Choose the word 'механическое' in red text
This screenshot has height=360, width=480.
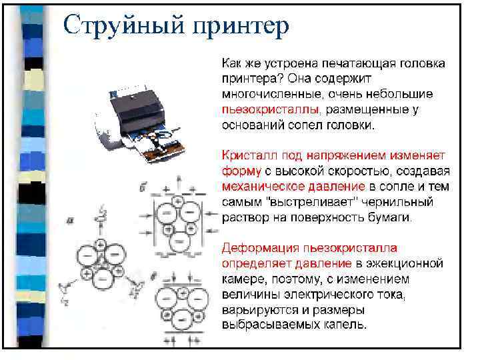coord(257,187)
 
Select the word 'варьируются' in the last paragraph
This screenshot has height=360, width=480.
coord(254,310)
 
